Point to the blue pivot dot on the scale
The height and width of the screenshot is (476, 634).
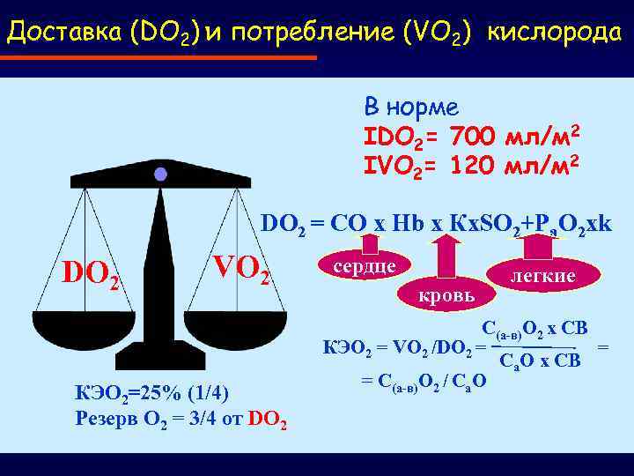click(160, 175)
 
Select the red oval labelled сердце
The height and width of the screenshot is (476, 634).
click(362, 265)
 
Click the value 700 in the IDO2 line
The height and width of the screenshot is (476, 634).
click(474, 138)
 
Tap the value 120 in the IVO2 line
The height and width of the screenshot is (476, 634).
click(474, 165)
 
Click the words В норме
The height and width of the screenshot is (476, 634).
click(411, 108)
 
